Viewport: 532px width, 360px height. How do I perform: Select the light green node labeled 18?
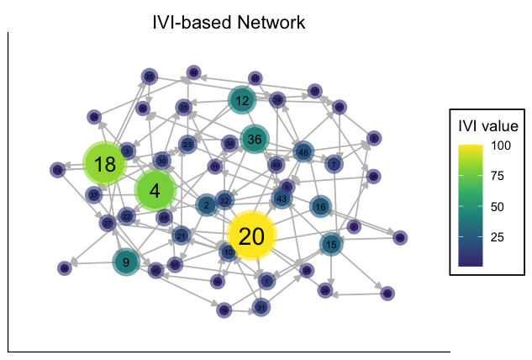click(x=105, y=165)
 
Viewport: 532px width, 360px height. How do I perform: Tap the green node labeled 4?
click(x=155, y=191)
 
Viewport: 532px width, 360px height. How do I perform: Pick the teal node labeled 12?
click(x=243, y=102)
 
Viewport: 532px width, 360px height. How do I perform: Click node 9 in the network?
click(x=126, y=262)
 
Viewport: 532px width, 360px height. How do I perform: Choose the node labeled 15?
click(x=331, y=245)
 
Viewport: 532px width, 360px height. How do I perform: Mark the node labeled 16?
click(x=320, y=206)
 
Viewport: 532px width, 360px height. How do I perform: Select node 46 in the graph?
click(x=303, y=152)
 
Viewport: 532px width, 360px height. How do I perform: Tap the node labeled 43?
click(x=282, y=199)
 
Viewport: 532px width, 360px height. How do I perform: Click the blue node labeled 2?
click(x=207, y=204)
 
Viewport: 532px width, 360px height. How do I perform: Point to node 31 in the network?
click(x=261, y=307)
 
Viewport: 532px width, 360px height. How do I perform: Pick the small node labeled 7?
click(x=334, y=164)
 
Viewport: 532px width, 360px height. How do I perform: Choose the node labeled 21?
click(x=181, y=236)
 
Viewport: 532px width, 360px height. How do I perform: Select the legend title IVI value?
click(x=487, y=127)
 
